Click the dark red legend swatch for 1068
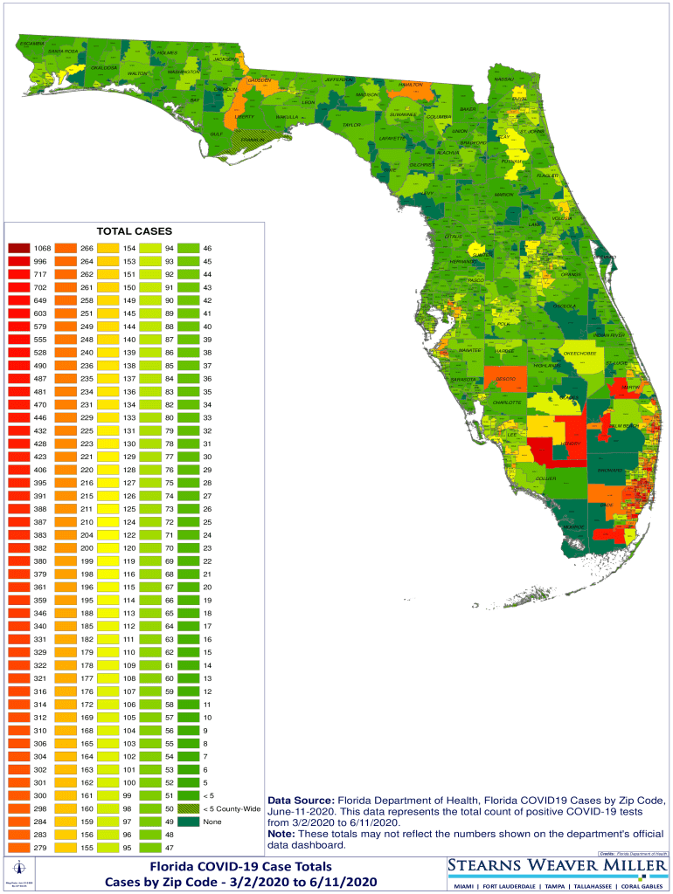[x=18, y=249]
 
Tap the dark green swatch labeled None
[x=188, y=821]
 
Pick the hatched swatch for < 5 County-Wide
[x=188, y=808]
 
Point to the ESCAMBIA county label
[x=31, y=43]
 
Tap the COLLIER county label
[x=545, y=478]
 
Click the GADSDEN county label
[x=260, y=80]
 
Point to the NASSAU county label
[x=504, y=79]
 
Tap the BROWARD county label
[x=609, y=471]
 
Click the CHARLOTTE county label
[x=507, y=402]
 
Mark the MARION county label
[x=504, y=195]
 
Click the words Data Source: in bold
[x=301, y=800]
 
